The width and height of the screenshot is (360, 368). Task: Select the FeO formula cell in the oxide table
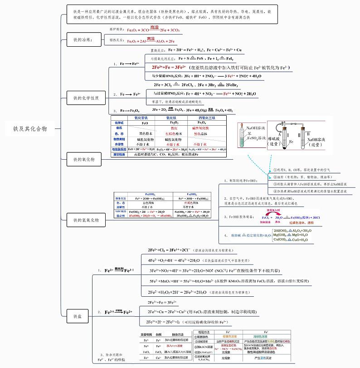145,123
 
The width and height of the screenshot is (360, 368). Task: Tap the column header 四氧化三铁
207,118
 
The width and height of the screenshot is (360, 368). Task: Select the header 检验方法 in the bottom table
201,333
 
